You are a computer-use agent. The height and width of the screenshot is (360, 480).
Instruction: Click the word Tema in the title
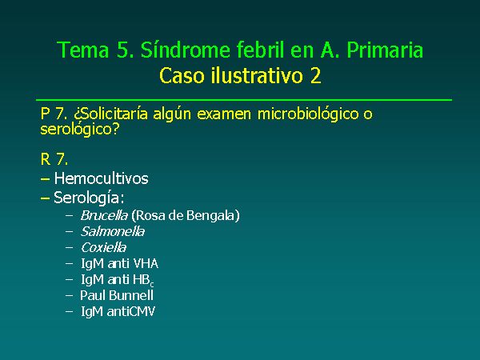click(83, 50)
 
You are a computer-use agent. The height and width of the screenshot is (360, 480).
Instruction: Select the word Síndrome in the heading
click(186, 50)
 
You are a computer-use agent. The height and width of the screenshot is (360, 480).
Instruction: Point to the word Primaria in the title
click(385, 50)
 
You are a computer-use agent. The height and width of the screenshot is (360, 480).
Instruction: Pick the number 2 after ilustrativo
click(316, 76)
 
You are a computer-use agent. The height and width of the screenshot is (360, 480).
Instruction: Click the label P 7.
click(54, 114)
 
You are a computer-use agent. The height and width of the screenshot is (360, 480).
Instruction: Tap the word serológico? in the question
click(79, 130)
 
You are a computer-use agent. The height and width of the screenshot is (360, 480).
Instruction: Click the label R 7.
click(54, 159)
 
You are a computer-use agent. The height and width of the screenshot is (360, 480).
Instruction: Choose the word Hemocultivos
click(102, 178)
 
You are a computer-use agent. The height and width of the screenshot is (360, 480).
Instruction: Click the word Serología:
click(89, 198)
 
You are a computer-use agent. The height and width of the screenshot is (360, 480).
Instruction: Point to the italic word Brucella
click(104, 215)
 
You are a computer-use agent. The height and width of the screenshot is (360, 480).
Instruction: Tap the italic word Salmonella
click(113, 231)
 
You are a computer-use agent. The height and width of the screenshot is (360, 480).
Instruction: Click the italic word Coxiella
click(103, 247)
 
